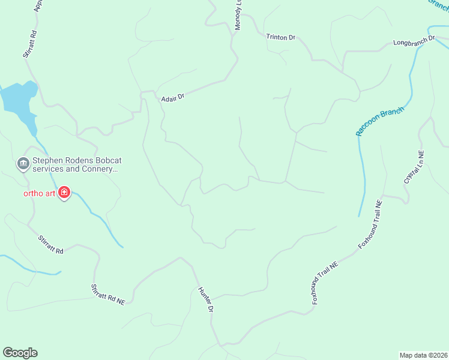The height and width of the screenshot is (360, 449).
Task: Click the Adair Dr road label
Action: point(172,98)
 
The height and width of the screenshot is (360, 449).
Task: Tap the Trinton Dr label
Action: point(281,37)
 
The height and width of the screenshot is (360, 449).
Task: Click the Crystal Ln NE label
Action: point(414,167)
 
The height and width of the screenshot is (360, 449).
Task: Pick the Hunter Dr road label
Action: point(206,299)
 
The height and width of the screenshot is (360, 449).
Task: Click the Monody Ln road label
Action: point(239,16)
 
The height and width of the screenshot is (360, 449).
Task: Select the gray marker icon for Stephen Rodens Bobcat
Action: point(23,163)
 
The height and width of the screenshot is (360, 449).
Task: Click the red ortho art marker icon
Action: point(64,193)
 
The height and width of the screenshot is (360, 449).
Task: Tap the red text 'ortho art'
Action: point(39,193)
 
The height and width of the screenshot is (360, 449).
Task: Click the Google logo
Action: point(20,353)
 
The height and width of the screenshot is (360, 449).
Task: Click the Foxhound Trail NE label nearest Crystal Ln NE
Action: point(370,225)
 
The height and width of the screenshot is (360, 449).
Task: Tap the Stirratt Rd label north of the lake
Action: point(30,44)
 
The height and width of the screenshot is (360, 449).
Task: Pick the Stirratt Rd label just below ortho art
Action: point(51,245)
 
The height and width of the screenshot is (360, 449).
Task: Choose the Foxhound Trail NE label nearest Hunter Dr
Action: point(326,283)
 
